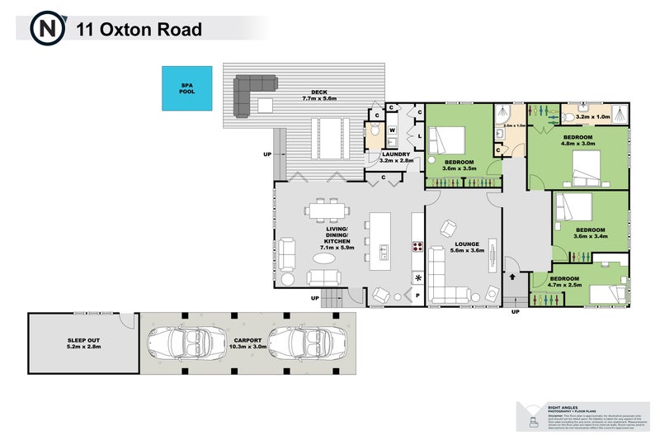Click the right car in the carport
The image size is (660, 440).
point(304,340)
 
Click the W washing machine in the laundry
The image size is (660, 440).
point(393,130)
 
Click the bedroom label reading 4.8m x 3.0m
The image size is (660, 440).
point(578,140)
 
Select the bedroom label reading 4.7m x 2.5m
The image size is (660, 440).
point(565,282)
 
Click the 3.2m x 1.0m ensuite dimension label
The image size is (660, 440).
point(593,117)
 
